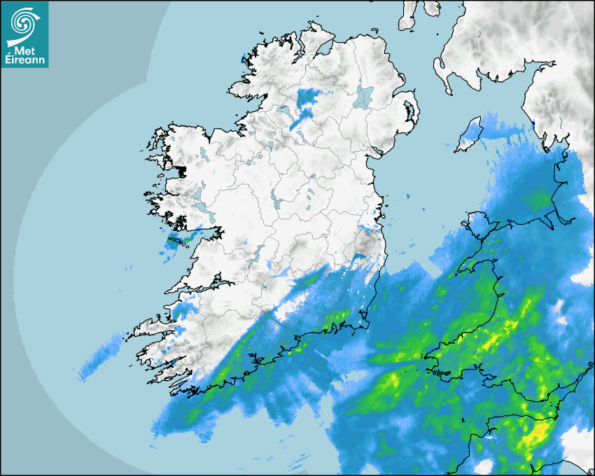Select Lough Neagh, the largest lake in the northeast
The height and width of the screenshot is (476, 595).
pos(364,97)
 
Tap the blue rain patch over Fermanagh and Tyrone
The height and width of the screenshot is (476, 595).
pos(306,101)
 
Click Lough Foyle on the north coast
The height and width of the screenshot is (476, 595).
pos(325,47)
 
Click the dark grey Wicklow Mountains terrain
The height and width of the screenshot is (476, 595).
pos(365,245)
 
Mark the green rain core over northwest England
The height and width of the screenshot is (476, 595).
pos(539,201)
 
